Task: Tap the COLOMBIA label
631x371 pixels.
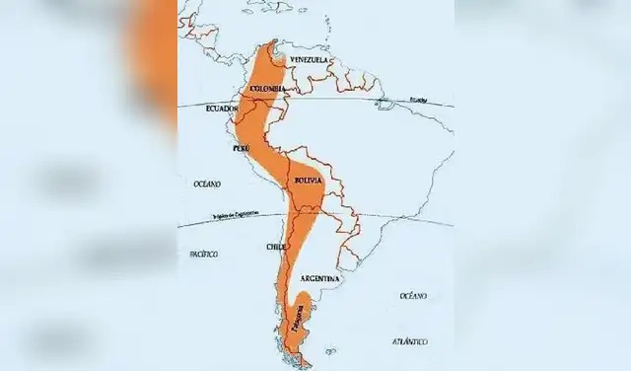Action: point(268,90)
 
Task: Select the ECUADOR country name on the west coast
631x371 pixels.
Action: point(222,109)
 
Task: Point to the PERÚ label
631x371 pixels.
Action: point(241,148)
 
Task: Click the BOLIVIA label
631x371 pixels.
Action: point(309,181)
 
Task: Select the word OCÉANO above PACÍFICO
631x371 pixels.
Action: point(207,185)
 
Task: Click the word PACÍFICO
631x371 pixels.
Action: point(203,254)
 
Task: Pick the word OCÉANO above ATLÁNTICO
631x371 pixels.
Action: point(413,296)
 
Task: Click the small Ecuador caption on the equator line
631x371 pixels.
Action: point(419,100)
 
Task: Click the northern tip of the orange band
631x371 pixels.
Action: point(267,43)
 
